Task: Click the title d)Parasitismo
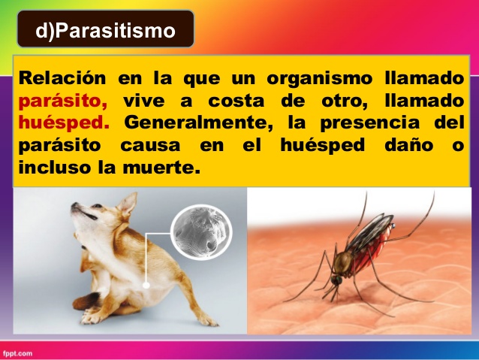(x=105, y=31)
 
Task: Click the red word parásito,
(x=63, y=101)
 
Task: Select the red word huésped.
(x=64, y=123)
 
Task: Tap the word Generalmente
(x=198, y=123)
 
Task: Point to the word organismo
(x=320, y=79)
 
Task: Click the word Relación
(x=62, y=78)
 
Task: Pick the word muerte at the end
(x=161, y=168)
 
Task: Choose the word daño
(x=408, y=144)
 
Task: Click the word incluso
(x=56, y=167)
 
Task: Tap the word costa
(x=236, y=101)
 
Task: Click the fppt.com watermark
(x=17, y=354)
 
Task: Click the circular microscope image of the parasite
(x=201, y=232)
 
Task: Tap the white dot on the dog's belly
(x=146, y=285)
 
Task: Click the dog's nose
(x=74, y=205)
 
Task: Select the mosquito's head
(x=336, y=280)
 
